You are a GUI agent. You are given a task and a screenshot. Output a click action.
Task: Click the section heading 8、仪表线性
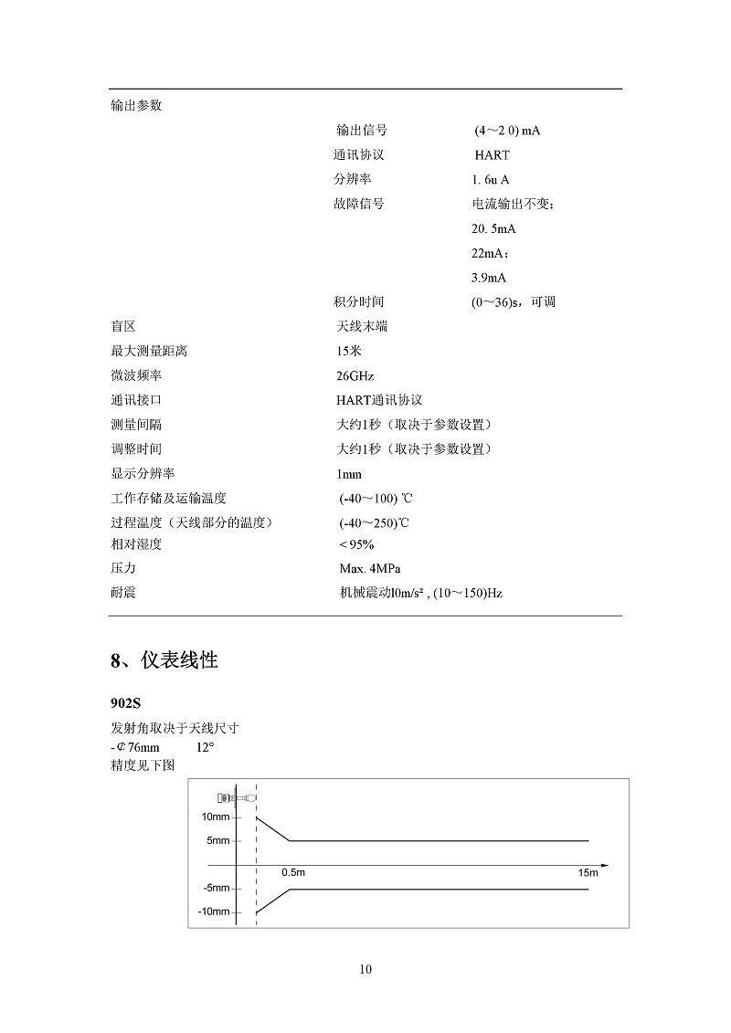(164, 660)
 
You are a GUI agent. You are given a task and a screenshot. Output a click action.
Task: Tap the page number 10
(365, 969)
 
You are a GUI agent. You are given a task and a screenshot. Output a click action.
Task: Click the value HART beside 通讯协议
(492, 155)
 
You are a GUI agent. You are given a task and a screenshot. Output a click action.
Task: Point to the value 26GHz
(355, 375)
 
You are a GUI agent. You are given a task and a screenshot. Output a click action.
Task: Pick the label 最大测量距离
(148, 351)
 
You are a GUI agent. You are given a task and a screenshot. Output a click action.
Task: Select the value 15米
(349, 351)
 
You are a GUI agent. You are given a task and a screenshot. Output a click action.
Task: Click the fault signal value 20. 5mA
(493, 228)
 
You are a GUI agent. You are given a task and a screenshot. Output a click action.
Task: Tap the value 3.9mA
(489, 278)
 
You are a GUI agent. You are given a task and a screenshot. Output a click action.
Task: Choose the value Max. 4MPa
(369, 568)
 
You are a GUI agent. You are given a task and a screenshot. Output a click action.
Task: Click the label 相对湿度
(135, 544)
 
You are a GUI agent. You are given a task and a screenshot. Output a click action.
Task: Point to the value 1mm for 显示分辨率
(349, 474)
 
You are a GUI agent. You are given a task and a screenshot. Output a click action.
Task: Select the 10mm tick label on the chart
(216, 817)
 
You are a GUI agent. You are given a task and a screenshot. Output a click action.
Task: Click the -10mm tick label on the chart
(214, 912)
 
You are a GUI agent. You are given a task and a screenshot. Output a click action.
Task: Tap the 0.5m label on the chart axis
(292, 873)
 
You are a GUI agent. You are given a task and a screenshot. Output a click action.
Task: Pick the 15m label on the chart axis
(587, 873)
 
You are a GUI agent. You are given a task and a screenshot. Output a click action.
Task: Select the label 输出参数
(135, 105)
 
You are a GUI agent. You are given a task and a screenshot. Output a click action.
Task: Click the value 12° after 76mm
(205, 746)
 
